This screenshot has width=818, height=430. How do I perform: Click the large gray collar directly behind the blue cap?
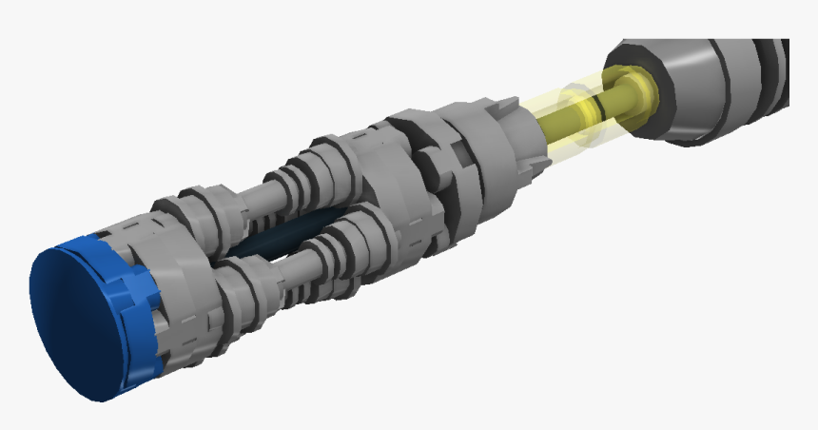(176, 276)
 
